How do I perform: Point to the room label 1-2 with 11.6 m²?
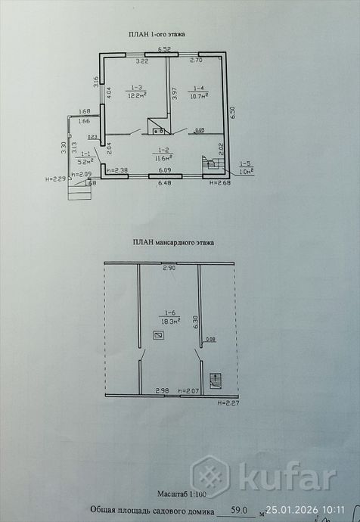pos(163,154)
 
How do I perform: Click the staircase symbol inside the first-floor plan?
pos(211,162)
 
